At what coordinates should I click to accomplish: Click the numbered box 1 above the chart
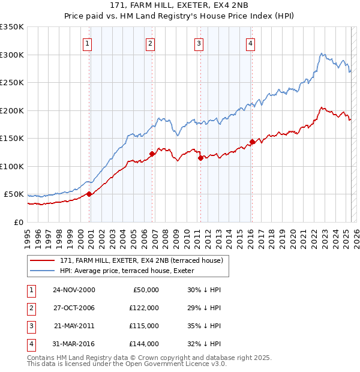pyautogui.click(x=88, y=43)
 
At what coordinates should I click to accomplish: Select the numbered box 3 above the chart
pyautogui.click(x=199, y=43)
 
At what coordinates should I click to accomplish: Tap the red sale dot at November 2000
pyautogui.click(x=89, y=194)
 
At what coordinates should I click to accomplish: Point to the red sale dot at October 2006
pyautogui.click(x=152, y=154)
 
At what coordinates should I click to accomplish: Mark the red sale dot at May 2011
pyautogui.click(x=200, y=158)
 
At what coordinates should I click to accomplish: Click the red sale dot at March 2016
pyautogui.click(x=252, y=142)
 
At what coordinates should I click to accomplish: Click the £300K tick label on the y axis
pyautogui.click(x=12, y=55)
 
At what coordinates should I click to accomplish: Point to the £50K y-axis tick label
pyautogui.click(x=14, y=194)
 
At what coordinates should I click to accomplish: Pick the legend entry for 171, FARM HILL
pyautogui.click(x=141, y=260)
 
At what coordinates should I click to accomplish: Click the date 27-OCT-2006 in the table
pyautogui.click(x=74, y=308)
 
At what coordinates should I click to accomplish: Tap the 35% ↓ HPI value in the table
pyautogui.click(x=204, y=326)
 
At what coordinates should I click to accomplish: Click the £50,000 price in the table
pyautogui.click(x=145, y=290)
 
